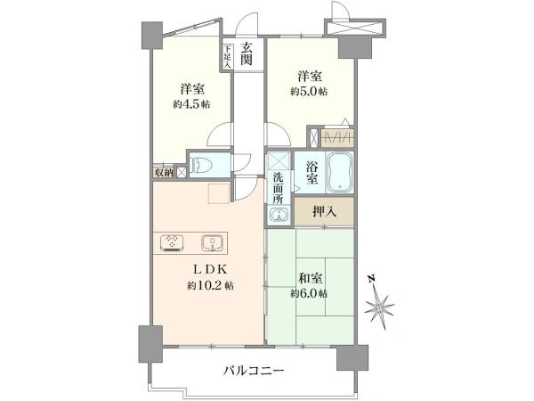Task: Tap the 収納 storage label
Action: click(163, 172)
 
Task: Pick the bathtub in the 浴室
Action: click(341, 171)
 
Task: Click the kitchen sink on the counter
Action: click(211, 241)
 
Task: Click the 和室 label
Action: click(310, 277)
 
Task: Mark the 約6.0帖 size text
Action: click(310, 293)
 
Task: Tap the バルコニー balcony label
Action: click(254, 372)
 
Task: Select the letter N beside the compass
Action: click(375, 279)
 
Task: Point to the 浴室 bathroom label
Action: click(312, 172)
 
